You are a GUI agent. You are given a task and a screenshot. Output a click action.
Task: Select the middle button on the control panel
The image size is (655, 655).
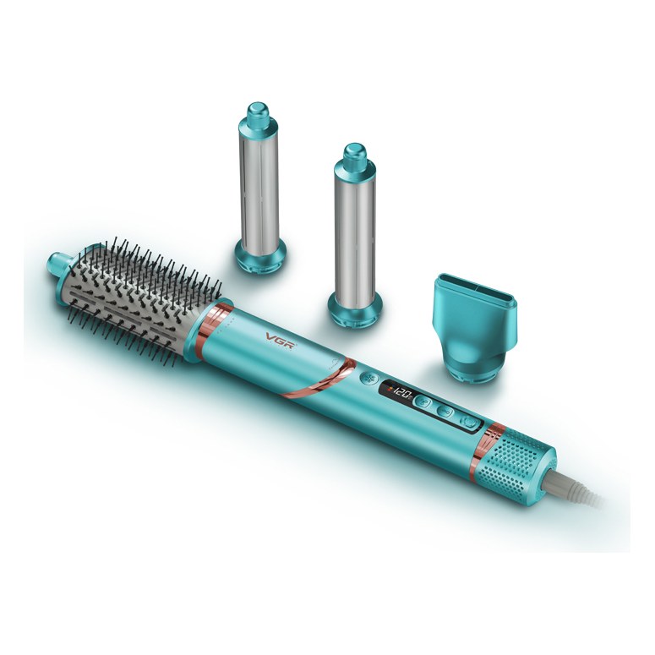pyautogui.click(x=445, y=411)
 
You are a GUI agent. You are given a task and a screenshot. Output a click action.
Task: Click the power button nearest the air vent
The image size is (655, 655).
pyautogui.click(x=469, y=422)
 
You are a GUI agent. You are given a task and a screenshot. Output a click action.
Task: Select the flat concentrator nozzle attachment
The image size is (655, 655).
pyautogui.click(x=474, y=328)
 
